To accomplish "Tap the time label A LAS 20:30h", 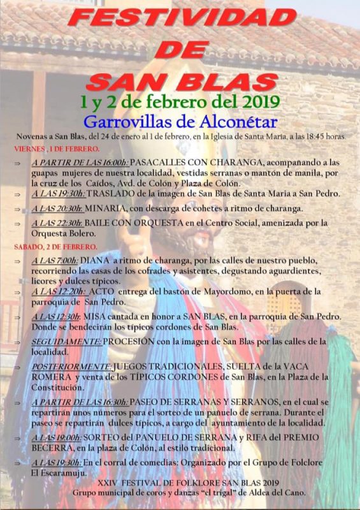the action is pos(58,208).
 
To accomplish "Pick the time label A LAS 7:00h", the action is pos(55,260).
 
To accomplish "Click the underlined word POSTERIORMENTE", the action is pos(71,367).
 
